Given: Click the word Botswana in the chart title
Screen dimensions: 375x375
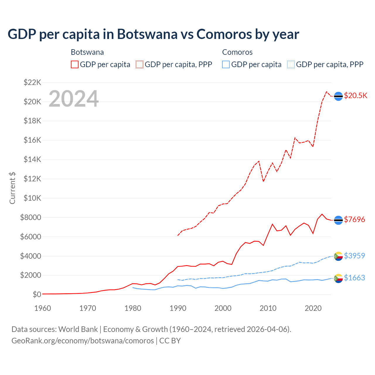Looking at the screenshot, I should pos(147,34).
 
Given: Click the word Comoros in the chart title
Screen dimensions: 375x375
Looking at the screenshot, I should pos(224,34).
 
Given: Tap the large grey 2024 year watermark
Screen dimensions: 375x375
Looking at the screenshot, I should pos(74,99).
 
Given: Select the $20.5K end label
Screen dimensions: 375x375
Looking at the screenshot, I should pos(355,96).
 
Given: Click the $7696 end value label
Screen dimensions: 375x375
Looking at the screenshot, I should pos(354,219).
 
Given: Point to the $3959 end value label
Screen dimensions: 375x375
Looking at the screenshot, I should pos(354,256).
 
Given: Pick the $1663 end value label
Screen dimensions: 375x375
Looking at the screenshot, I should pos(354,278).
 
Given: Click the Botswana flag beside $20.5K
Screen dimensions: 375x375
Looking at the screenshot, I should pos(338,96).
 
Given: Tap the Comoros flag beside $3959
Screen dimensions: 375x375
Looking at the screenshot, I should pos(338,256).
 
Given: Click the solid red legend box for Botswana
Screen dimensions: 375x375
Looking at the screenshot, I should pos(75,64).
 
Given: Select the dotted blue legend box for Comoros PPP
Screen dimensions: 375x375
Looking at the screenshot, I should pos(291,64).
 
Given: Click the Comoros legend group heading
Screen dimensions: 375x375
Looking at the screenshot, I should pos(237,52).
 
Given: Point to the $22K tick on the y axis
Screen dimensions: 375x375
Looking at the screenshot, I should pos(32,82).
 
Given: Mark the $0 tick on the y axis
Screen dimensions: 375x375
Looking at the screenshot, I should pos(37,294).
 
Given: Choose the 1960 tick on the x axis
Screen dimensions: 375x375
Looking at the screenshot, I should pos(43,308).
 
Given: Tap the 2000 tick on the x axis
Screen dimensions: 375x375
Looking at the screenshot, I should pos(223,308).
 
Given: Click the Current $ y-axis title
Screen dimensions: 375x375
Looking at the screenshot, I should pos(12,188).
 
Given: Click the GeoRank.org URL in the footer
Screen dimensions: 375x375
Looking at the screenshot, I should pos(83,341).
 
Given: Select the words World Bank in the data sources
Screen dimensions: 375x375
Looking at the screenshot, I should pos(78,329).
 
